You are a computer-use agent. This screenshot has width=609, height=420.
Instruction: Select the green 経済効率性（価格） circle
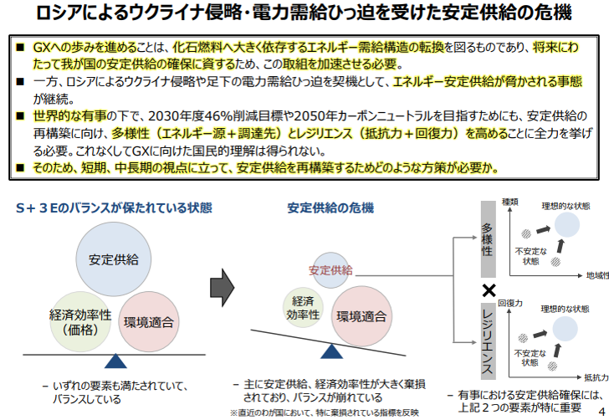pyautogui.click(x=80, y=321)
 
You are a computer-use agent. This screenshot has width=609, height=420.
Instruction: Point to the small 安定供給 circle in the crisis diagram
pyautogui.click(x=331, y=269)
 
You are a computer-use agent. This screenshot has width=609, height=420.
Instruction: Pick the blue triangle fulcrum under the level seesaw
pyautogui.click(x=115, y=361)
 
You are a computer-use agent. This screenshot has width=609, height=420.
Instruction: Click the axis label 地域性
pyautogui.click(x=596, y=275)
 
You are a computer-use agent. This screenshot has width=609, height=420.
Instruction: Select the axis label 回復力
pyautogui.click(x=509, y=302)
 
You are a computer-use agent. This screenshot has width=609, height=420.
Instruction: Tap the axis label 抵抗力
pyautogui.click(x=596, y=376)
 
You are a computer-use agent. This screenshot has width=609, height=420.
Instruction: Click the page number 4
pyautogui.click(x=601, y=409)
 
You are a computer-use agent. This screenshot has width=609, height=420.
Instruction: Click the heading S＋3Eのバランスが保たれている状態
pyautogui.click(x=114, y=207)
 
